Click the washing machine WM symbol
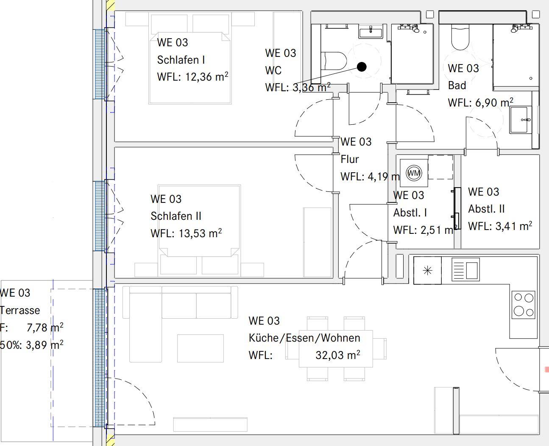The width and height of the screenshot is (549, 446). (x=414, y=173)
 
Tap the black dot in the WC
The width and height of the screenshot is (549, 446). (x=362, y=67)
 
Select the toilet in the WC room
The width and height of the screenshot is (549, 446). (x=334, y=61)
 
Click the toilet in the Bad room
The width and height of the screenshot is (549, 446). (x=460, y=37)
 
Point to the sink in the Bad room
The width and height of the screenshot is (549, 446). (x=521, y=120)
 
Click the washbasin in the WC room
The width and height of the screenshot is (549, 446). (x=371, y=32)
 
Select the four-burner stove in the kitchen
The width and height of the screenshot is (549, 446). (x=524, y=305)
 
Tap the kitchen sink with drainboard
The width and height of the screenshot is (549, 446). (x=466, y=269)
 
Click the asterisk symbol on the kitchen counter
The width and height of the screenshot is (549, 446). (x=428, y=271)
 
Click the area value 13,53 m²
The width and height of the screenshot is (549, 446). (x=200, y=233)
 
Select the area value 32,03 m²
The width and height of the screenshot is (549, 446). (x=337, y=355)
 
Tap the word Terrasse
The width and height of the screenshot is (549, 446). (x=20, y=310)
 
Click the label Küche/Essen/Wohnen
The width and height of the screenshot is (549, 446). (x=304, y=338)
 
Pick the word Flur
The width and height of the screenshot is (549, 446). (x=350, y=159)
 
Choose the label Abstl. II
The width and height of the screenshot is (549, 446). (x=486, y=209)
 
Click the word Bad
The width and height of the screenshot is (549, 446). (x=457, y=85)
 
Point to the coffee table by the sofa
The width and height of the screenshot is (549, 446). (x=201, y=348)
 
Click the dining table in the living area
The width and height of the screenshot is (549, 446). (x=336, y=348)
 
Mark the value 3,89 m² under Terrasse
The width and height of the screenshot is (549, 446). (x=45, y=345)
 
